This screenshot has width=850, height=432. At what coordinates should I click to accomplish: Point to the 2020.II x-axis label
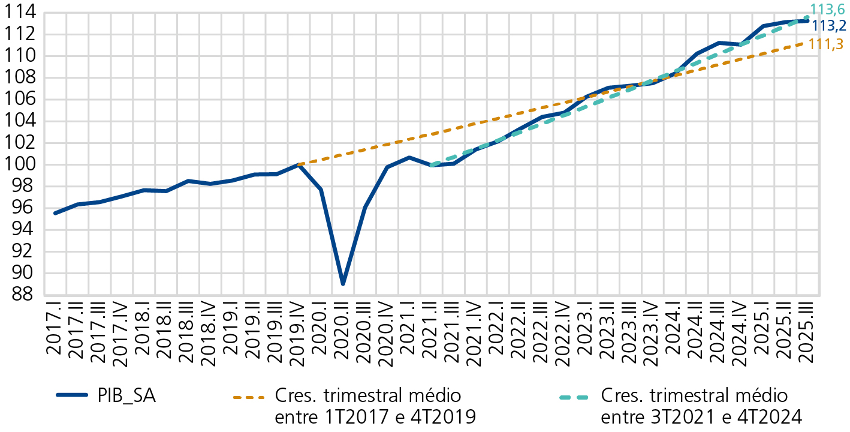[343, 336]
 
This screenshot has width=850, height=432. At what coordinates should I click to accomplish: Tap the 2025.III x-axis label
[808, 336]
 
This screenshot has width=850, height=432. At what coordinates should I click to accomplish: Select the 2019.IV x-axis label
[298, 336]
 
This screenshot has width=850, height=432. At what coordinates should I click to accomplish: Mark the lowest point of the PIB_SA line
[343, 284]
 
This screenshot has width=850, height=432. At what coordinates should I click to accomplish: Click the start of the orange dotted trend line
[299, 164]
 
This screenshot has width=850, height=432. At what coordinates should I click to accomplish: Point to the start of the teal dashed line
[431, 165]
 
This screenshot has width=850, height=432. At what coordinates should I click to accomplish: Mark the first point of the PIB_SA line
[55, 213]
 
